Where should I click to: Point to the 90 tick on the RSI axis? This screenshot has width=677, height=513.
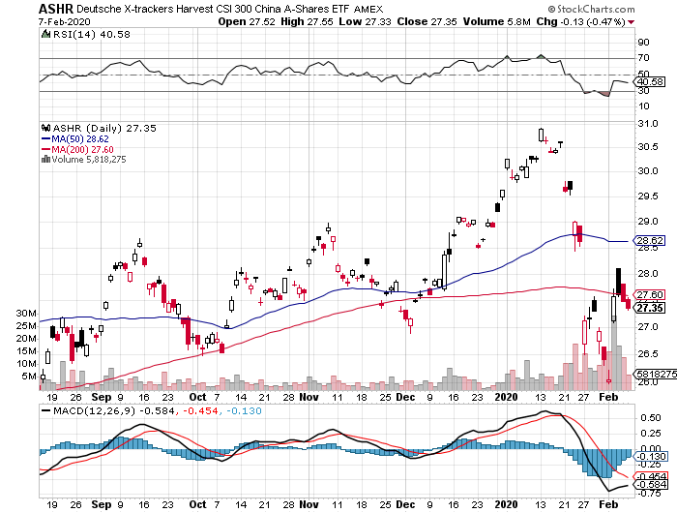[640, 43]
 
